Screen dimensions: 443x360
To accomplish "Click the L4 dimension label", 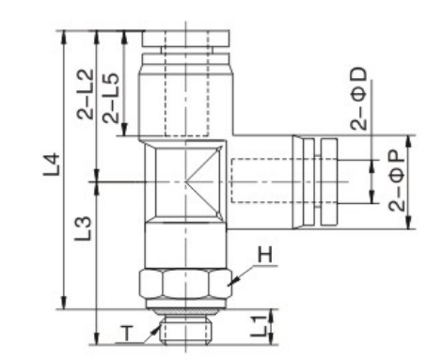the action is [x=52, y=164].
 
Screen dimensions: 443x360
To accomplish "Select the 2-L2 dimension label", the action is [x=86, y=94].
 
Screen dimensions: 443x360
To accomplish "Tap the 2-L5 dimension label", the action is [x=111, y=98].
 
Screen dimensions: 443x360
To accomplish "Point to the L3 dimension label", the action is [x=83, y=228].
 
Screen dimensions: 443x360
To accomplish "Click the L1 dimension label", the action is [x=259, y=326].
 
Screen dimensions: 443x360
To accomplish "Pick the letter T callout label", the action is [x=127, y=333].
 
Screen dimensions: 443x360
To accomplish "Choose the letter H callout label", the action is [x=264, y=255].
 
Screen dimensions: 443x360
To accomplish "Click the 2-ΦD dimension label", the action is [x=358, y=99].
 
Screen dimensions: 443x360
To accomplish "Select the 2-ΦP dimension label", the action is [x=397, y=180].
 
